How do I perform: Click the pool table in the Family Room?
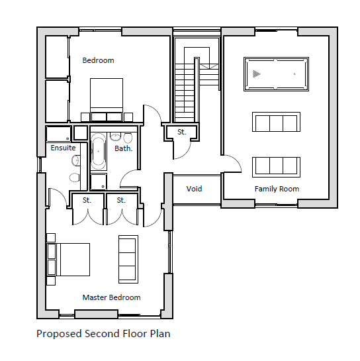276,74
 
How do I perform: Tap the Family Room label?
277,189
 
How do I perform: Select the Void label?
194,189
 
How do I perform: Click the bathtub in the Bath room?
99,151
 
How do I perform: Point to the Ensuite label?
63,148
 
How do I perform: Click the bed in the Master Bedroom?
68,260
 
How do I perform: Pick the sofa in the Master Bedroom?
128,259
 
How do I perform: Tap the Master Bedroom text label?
111,297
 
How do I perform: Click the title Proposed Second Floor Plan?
103,334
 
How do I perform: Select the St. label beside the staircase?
181,132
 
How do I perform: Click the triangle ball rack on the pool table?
256,74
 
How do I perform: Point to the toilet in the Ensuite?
74,178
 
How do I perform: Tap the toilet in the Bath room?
128,138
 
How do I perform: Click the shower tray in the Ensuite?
58,134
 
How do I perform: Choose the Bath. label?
124,148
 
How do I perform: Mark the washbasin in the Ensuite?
75,160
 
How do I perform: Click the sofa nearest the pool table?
276,122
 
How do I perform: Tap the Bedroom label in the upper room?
98,60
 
